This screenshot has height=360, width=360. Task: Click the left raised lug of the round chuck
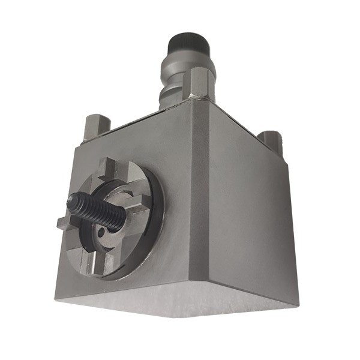pyautogui.click(x=64, y=224)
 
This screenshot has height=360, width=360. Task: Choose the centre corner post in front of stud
pyautogui.click(x=202, y=84)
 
